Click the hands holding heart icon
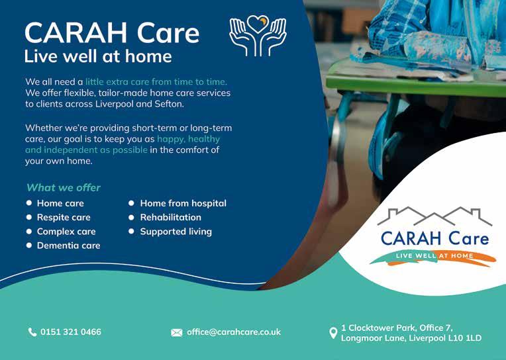[258, 36]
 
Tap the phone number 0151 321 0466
[71, 332]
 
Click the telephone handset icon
[32, 332]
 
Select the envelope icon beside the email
[177, 333]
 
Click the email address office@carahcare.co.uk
[234, 332]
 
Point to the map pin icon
[333, 334]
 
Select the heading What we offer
[64, 188]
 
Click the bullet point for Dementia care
[29, 246]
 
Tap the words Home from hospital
[183, 203]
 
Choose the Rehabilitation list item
[170, 218]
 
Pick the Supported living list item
[176, 232]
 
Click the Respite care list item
[64, 218]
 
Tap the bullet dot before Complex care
[29, 232]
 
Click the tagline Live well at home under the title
[98, 56]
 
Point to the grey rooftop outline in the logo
[434, 216]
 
